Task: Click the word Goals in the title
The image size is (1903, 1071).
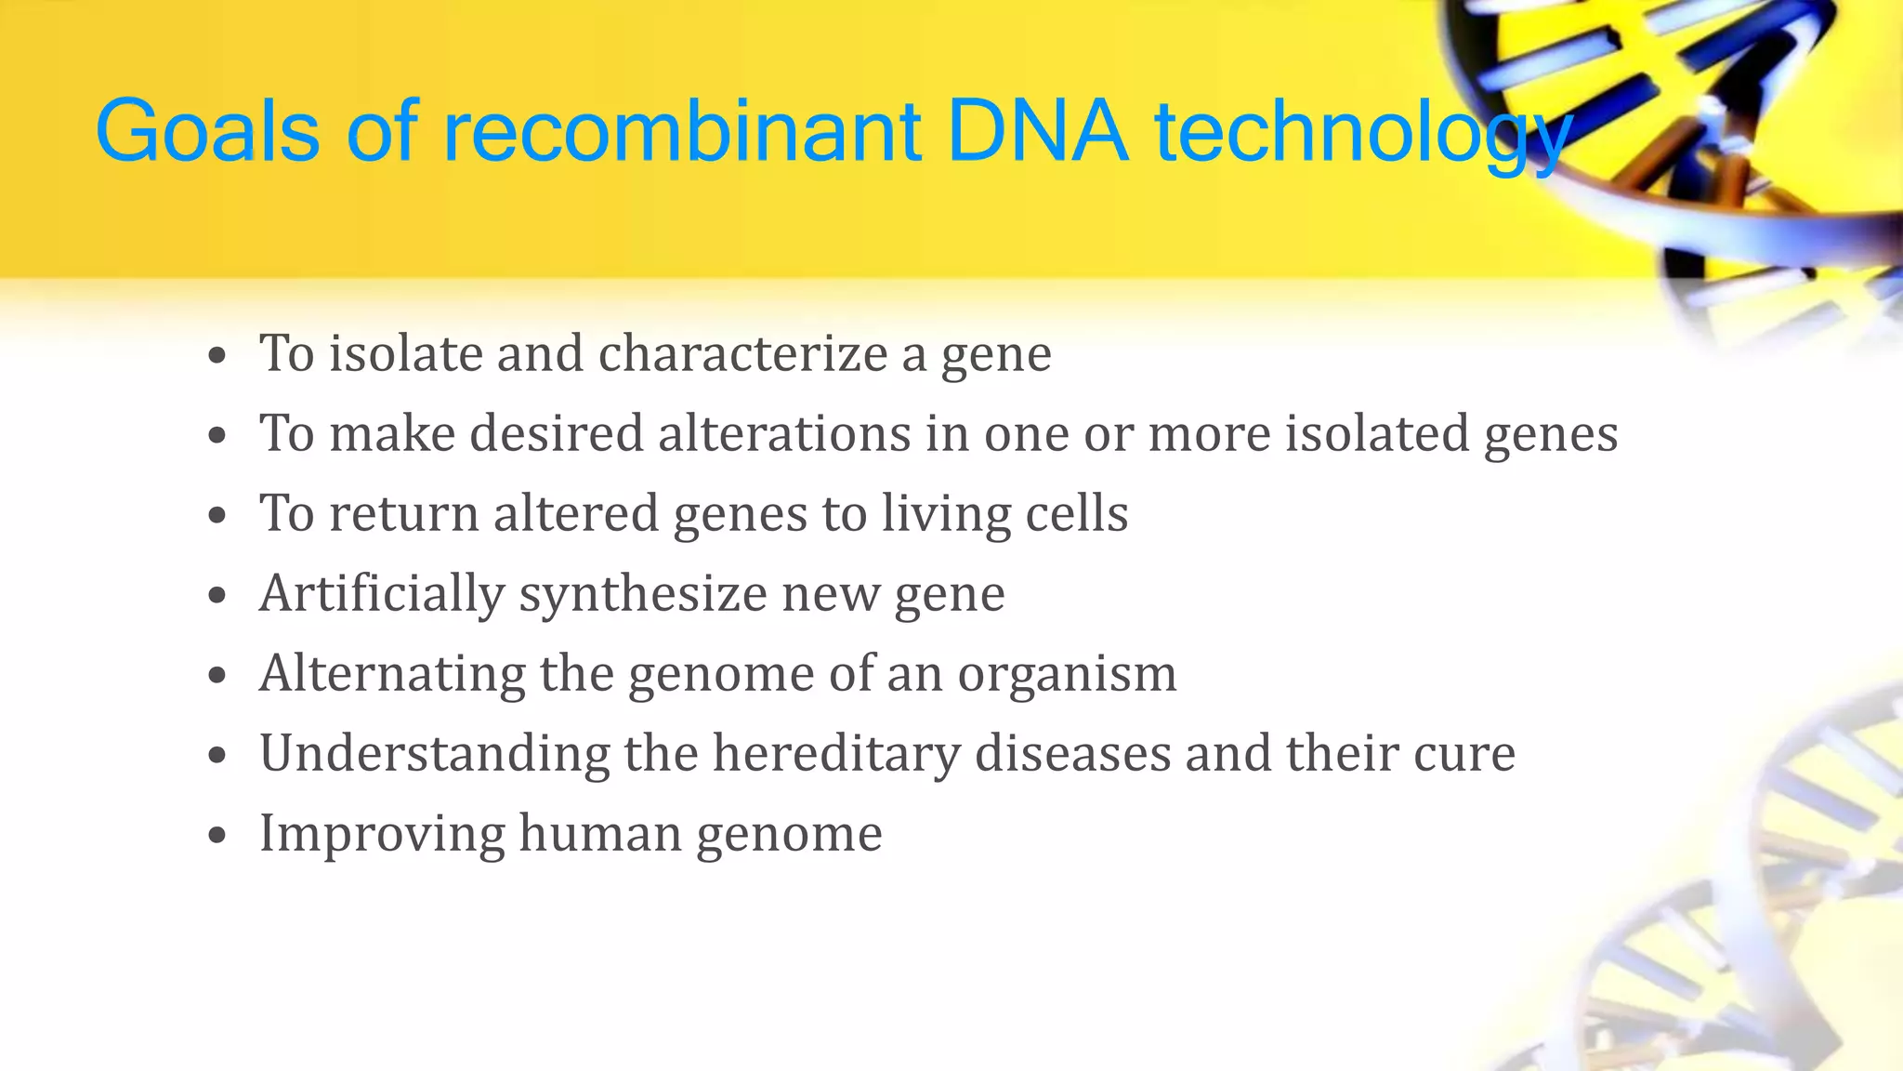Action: click(206, 131)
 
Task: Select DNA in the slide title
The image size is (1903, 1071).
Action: click(1037, 131)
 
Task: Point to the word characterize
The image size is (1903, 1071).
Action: click(742, 353)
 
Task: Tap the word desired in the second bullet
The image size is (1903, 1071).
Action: click(557, 433)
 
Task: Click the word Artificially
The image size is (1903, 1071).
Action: click(382, 593)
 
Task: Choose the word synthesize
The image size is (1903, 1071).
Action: click(643, 595)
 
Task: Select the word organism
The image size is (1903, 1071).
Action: click(1067, 675)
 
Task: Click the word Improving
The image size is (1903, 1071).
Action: click(382, 834)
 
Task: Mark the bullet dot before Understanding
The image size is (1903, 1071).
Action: click(217, 755)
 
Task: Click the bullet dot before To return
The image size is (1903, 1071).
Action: click(217, 515)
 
